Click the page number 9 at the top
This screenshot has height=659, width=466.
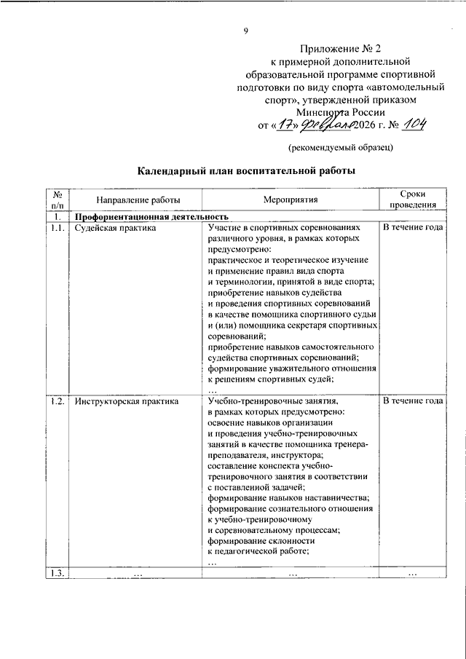click(245, 30)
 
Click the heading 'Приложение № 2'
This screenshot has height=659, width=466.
click(341, 48)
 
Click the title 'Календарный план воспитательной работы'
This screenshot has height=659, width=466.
click(248, 173)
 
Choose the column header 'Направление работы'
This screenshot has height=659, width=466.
click(127, 200)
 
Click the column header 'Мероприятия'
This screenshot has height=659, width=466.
click(291, 200)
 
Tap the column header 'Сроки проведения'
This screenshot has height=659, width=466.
click(413, 200)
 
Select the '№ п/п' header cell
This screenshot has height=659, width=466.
click(58, 200)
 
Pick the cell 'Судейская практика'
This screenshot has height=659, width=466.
click(116, 228)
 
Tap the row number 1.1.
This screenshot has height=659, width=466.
click(58, 228)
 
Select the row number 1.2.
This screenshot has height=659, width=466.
click(58, 401)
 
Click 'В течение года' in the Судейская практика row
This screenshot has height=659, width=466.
click(413, 228)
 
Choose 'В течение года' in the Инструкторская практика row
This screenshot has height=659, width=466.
click(413, 401)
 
